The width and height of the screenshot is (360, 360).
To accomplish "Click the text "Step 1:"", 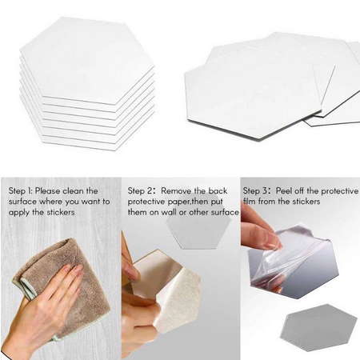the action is tap(20, 191).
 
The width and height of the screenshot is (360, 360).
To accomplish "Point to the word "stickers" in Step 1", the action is tap(61, 212).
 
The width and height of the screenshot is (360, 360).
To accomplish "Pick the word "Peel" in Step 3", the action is tap(283, 191).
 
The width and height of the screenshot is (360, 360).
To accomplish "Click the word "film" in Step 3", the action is tap(249, 202).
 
